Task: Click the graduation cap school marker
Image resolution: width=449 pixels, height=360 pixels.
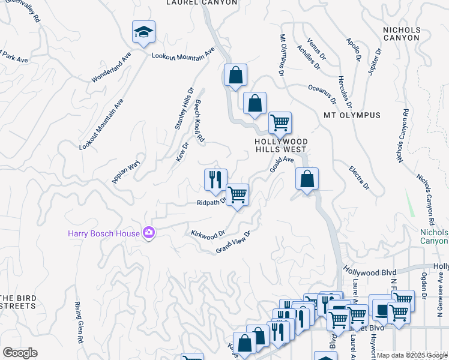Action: point(143,32)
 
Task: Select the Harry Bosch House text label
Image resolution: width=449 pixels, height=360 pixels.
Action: point(103,233)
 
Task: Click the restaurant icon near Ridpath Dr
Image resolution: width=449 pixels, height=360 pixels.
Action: point(215,179)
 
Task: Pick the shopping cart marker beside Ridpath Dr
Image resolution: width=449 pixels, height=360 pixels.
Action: point(237,194)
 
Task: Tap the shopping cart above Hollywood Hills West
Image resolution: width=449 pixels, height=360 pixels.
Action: point(280,123)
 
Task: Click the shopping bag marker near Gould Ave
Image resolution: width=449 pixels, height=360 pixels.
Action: point(307,179)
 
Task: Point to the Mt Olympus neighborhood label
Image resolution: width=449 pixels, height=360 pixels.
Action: point(352,115)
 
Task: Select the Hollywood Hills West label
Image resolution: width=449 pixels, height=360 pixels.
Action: point(281,146)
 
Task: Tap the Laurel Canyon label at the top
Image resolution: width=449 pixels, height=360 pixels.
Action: point(201,3)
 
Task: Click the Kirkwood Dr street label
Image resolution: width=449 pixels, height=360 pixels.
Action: point(207,233)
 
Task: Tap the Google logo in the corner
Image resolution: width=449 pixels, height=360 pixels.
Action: point(20,353)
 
